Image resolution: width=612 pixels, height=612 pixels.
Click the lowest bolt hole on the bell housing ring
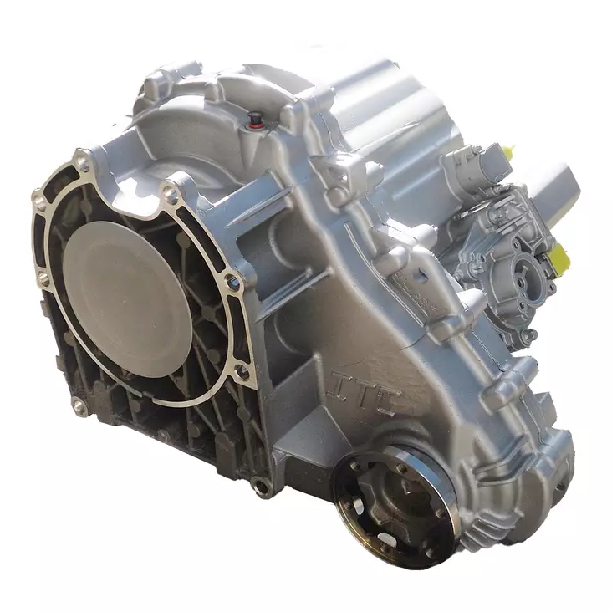(79, 406)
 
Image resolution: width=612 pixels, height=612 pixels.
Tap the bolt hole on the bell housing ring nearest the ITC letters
(243, 369)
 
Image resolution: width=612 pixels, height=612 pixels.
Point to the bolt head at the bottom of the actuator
(528, 335)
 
